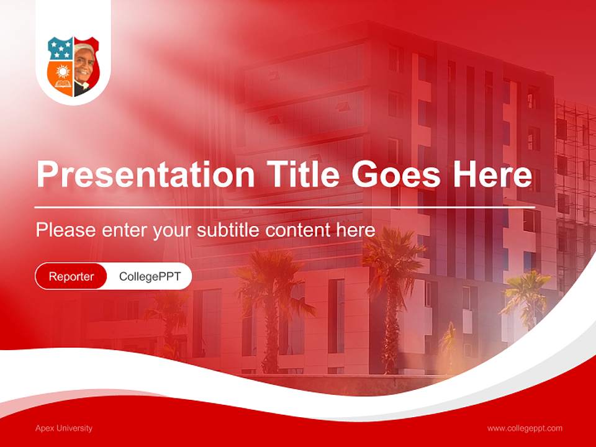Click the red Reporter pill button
click(71, 276)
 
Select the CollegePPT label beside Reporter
click(150, 276)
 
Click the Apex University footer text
click(64, 428)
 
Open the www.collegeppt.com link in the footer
click(525, 428)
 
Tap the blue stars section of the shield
click(60, 48)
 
